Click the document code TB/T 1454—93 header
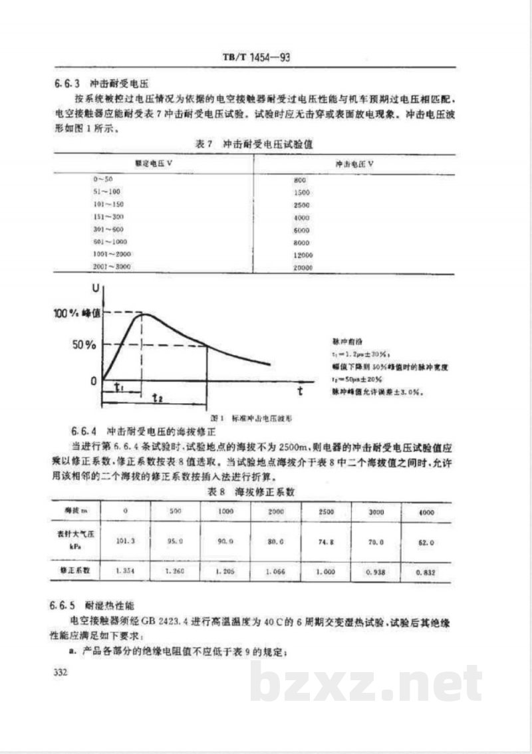pyautogui.click(x=256, y=58)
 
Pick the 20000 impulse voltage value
pyautogui.click(x=303, y=267)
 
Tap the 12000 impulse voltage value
pyautogui.click(x=303, y=255)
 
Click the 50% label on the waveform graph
pyautogui.click(x=84, y=345)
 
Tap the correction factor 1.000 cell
pyautogui.click(x=325, y=570)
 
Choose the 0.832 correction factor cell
pyautogui.click(x=425, y=571)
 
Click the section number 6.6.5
pyautogui.click(x=65, y=606)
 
